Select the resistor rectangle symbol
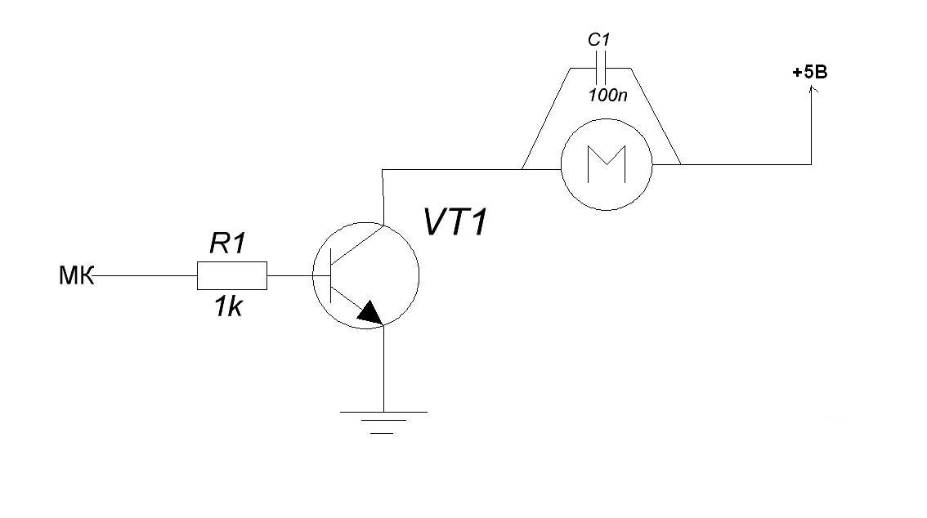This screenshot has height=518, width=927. pyautogui.click(x=231, y=276)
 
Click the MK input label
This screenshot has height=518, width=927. pyautogui.click(x=76, y=277)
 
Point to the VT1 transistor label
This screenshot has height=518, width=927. pyautogui.click(x=455, y=222)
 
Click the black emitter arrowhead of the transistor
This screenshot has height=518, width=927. pyautogui.click(x=370, y=312)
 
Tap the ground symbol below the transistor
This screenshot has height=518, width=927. pyautogui.click(x=383, y=422)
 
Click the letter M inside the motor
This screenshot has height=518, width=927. pyautogui.click(x=606, y=164)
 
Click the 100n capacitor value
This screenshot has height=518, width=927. pyautogui.click(x=607, y=95)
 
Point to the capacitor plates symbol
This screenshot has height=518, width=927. pyautogui.click(x=601, y=66)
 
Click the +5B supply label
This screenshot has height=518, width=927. pyautogui.click(x=809, y=73)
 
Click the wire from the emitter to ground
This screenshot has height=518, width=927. pyautogui.click(x=383, y=368)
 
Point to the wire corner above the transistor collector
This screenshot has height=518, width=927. pyautogui.click(x=383, y=170)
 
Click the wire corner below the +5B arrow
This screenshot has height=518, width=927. pyautogui.click(x=811, y=164)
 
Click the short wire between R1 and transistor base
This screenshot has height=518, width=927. pyautogui.click(x=289, y=276)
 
